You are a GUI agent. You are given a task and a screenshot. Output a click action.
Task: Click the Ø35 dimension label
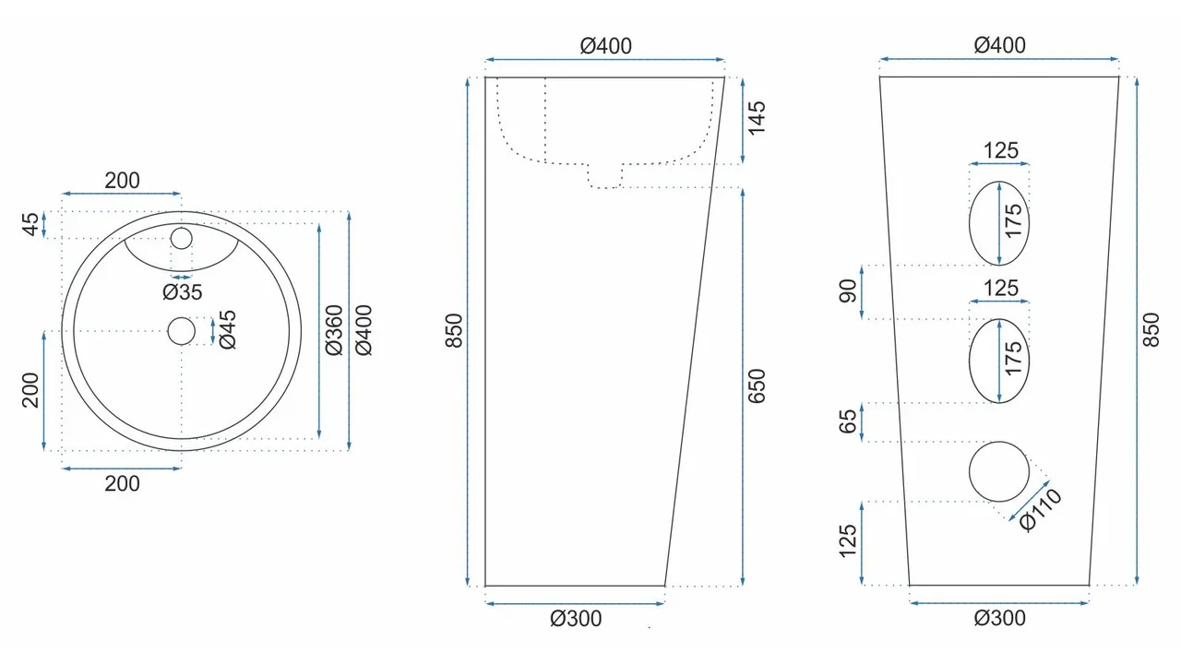pos(182,292)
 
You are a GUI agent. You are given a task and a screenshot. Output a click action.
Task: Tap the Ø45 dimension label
pos(227,329)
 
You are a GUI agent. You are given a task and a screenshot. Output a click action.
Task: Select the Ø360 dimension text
pos(334,329)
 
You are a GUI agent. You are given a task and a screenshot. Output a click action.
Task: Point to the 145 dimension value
pos(757,119)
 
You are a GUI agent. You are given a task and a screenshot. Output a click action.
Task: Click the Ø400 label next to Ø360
pos(364,329)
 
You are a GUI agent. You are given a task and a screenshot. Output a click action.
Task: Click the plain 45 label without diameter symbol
pos(31,224)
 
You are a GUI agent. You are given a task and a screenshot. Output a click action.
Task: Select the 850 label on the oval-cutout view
pos(1151,329)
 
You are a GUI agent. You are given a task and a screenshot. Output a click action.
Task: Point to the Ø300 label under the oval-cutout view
pos(999,618)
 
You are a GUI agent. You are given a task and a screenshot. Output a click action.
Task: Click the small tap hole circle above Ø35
pos(181,239)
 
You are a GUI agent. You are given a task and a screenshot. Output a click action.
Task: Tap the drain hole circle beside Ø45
pos(182,330)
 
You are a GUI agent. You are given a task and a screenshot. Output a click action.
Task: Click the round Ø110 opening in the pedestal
pos(999,471)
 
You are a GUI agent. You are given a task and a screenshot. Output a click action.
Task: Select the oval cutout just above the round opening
pos(999,361)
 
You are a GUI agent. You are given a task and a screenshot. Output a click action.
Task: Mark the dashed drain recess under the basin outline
pos(605,176)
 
